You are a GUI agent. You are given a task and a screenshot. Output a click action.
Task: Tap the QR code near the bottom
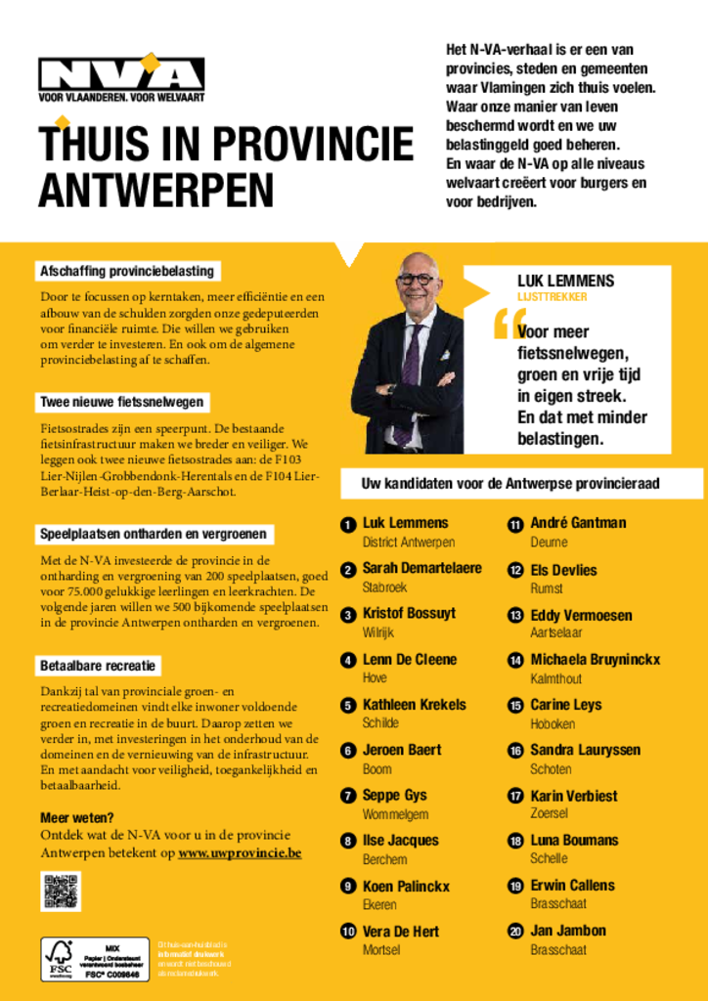pyautogui.click(x=61, y=892)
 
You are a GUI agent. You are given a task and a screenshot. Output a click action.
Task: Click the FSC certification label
pyautogui.click(x=95, y=960)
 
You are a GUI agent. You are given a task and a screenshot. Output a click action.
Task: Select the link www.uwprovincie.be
pyautogui.click(x=240, y=852)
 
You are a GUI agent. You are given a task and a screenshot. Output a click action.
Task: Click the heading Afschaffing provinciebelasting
pyautogui.click(x=126, y=271)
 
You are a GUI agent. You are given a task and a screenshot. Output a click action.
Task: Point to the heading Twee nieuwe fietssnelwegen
pyautogui.click(x=121, y=402)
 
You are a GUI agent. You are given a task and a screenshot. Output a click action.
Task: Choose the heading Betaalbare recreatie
pyautogui.click(x=98, y=666)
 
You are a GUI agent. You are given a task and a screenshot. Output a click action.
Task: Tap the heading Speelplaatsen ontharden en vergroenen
pyautogui.click(x=154, y=534)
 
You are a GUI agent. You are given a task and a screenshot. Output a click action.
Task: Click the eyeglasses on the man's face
pyautogui.click(x=417, y=279)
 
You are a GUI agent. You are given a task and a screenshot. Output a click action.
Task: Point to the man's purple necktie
pyautogui.click(x=410, y=370)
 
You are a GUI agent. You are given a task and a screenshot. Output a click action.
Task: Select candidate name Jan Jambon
pyautogui.click(x=568, y=931)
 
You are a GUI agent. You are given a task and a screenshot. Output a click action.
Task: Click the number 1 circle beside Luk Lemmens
pyautogui.click(x=347, y=525)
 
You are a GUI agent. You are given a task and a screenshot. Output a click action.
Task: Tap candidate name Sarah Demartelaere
pyautogui.click(x=421, y=568)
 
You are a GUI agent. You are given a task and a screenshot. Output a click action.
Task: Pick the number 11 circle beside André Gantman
pyautogui.click(x=514, y=525)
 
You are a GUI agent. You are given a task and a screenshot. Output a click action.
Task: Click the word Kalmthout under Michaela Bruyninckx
pyautogui.click(x=555, y=678)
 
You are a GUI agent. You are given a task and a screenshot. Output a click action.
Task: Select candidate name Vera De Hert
pyautogui.click(x=401, y=932)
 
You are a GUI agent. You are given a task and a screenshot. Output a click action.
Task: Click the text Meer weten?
pyautogui.click(x=77, y=817)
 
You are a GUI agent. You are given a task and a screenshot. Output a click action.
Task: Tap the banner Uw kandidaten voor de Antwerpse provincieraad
pyautogui.click(x=510, y=484)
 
